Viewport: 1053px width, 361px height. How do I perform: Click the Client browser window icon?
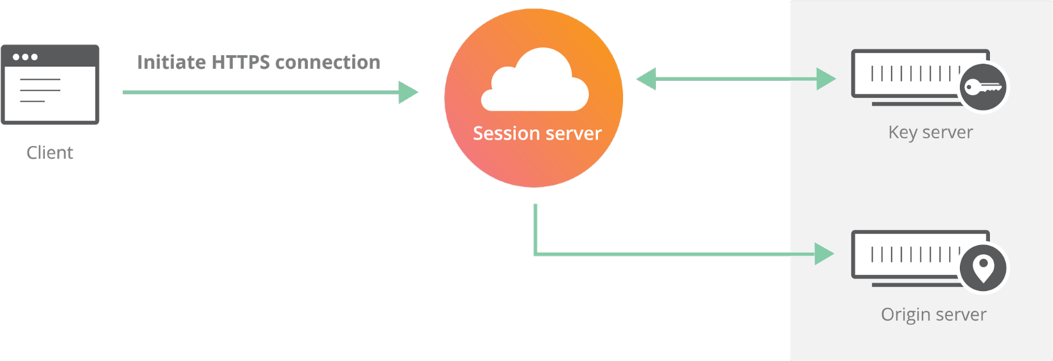point(50,85)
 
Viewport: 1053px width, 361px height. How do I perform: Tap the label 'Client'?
point(50,152)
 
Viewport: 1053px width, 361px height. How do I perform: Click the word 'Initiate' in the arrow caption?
point(171,62)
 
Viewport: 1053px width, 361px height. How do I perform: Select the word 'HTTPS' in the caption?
point(240,62)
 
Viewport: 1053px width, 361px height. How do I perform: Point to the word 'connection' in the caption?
point(328,62)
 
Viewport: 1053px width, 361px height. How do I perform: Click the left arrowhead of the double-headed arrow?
point(646,79)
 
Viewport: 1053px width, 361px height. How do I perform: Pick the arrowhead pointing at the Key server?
point(825,79)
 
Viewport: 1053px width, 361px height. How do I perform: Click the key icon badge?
point(983,88)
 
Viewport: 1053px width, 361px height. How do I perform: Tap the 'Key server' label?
point(930,132)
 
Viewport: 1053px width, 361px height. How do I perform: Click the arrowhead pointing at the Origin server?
point(824,254)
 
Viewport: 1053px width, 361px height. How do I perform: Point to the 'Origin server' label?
point(933,314)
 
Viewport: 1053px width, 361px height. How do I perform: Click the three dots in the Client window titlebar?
point(25,57)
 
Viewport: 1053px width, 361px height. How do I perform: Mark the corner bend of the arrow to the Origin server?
point(536,254)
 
